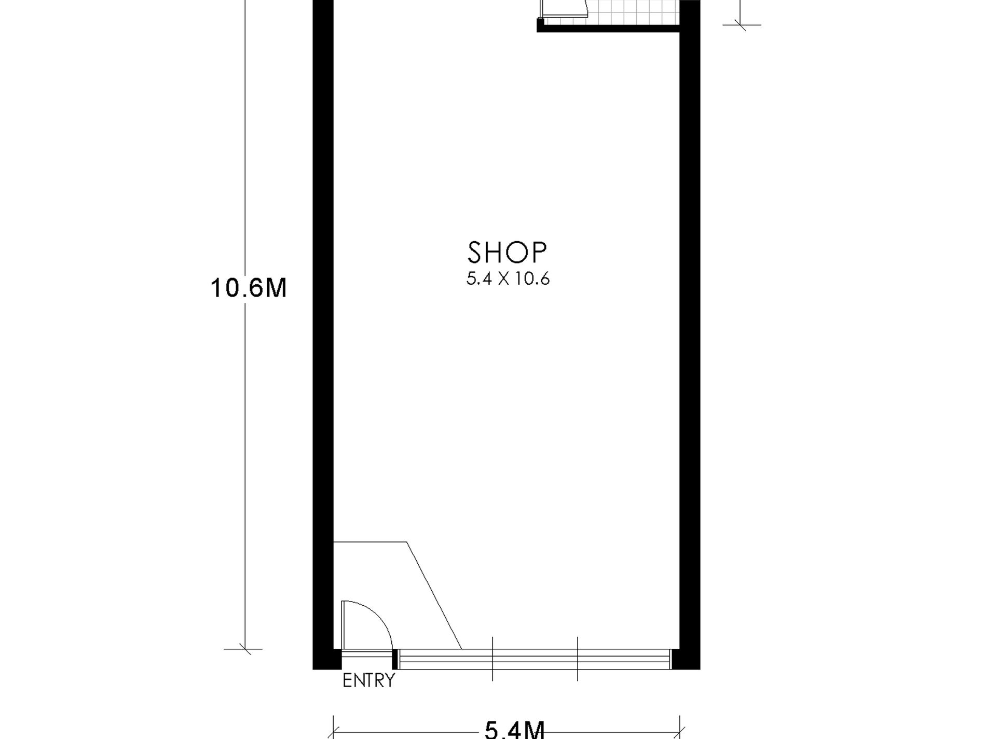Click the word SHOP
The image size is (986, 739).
click(x=507, y=253)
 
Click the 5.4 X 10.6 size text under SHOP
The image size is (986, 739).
click(x=508, y=279)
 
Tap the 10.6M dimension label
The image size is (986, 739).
click(x=249, y=288)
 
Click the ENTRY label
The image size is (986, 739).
click(x=368, y=680)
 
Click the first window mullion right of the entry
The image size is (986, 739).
click(x=492, y=659)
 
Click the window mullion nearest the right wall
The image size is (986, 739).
click(x=578, y=659)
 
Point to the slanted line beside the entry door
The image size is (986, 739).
click(x=434, y=595)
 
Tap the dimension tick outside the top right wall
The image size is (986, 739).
click(x=741, y=24)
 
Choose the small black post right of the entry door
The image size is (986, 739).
click(x=395, y=659)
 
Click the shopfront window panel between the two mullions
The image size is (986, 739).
click(x=535, y=659)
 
